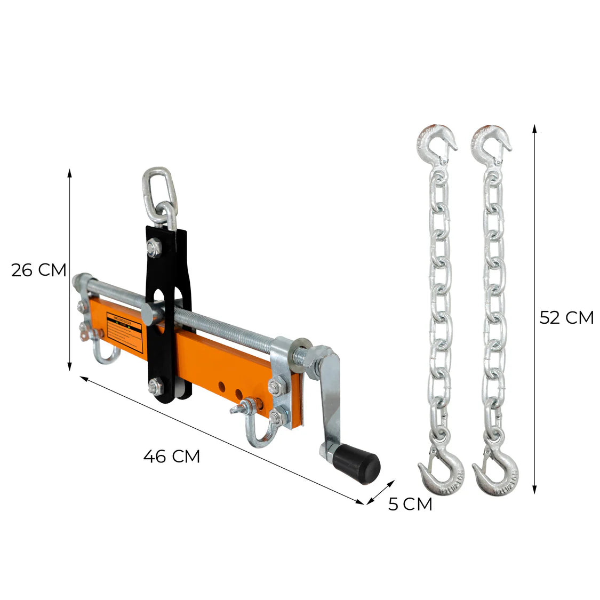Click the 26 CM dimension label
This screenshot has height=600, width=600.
[38, 270]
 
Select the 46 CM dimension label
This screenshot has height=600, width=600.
[171, 456]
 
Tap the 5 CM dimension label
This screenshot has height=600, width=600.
[410, 504]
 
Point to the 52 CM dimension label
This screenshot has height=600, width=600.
[566, 318]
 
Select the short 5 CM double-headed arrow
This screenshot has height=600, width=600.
[379, 490]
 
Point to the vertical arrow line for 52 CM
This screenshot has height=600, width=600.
[534, 309]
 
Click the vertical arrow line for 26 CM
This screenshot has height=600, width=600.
[69, 269]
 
